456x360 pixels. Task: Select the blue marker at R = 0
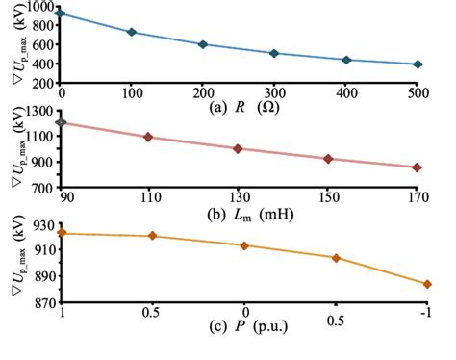[x=62, y=13]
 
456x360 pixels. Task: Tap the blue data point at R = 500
[x=417, y=64]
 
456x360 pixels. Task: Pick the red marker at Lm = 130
[x=238, y=149]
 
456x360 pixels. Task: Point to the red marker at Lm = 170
[x=417, y=167]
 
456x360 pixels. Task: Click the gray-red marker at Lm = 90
[x=62, y=122]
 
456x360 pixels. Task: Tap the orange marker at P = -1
[x=426, y=284]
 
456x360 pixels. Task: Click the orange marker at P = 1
[x=62, y=232]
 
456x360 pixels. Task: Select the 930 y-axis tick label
[x=42, y=223]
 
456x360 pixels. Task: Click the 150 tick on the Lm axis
[x=328, y=198]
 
